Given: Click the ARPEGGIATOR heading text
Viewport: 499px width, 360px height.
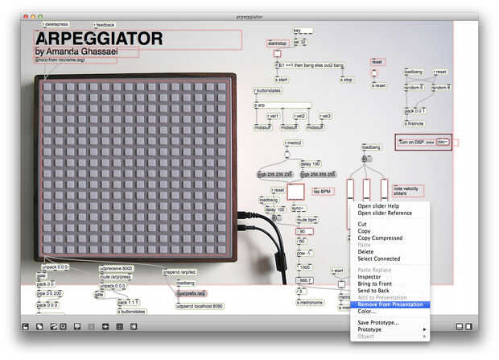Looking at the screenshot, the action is pyautogui.click(x=99, y=39).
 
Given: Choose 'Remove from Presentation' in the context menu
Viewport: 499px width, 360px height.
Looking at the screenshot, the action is pyautogui.click(x=390, y=304).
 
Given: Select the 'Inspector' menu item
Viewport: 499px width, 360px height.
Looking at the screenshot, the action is pyautogui.click(x=370, y=277).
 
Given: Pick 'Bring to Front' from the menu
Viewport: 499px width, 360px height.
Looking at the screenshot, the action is pyautogui.click(x=375, y=283).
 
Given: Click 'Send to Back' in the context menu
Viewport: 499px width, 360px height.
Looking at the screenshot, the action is pyautogui.click(x=374, y=291).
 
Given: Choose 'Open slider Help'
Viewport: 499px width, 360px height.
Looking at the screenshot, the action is pyautogui.click(x=378, y=206).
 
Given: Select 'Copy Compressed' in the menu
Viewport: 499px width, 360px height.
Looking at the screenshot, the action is pyautogui.click(x=380, y=238).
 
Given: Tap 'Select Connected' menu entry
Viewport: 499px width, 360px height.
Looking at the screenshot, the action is pyautogui.click(x=379, y=259).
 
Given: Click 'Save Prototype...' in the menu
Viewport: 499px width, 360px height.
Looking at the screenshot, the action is pyautogui.click(x=378, y=322).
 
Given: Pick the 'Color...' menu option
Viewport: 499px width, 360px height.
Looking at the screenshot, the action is pyautogui.click(x=367, y=311).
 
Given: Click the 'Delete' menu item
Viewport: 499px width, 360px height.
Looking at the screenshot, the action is pyautogui.click(x=366, y=251).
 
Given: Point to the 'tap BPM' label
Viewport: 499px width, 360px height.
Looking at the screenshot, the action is pyautogui.click(x=323, y=192).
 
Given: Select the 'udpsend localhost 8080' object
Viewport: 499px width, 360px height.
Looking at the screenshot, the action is pyautogui.click(x=199, y=306).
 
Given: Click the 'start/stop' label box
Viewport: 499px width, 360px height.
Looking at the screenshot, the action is pyautogui.click(x=278, y=43).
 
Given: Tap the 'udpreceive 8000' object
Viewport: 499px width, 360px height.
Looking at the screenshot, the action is pyautogui.click(x=116, y=268).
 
